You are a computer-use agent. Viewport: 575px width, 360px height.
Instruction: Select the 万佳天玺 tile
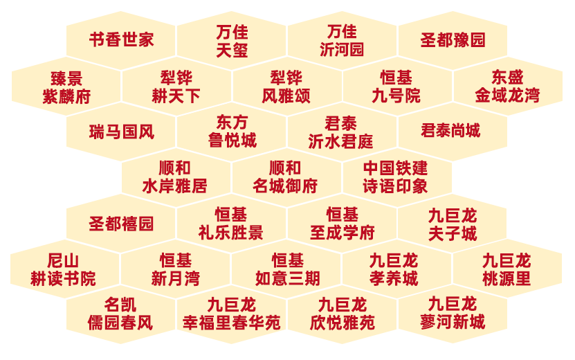point(231,41)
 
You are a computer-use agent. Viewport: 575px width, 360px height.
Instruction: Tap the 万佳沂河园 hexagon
point(342,41)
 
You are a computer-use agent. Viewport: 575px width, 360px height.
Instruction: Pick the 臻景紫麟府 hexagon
point(66,87)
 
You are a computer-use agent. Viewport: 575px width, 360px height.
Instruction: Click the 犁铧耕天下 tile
point(176,87)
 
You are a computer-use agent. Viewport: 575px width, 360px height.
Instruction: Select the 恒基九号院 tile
point(396,87)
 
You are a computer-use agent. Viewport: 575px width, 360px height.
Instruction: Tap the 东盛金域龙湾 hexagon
point(507,87)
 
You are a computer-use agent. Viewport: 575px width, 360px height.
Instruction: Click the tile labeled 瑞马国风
point(121,132)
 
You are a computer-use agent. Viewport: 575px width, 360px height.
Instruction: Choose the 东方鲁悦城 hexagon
point(231,132)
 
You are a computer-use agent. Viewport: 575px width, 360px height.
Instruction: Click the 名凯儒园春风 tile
point(120,314)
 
